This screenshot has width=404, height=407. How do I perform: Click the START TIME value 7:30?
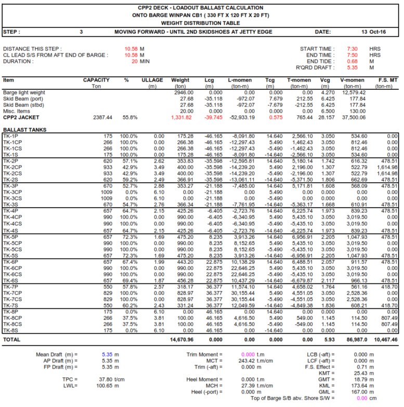click(x=352, y=49)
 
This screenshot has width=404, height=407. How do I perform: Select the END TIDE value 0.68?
click(x=352, y=61)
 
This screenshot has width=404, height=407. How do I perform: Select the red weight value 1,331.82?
click(x=181, y=118)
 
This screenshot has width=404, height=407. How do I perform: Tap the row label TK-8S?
click(x=11, y=330)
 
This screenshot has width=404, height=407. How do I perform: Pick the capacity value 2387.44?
click(x=102, y=118)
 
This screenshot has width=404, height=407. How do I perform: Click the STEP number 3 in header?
click(x=81, y=32)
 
